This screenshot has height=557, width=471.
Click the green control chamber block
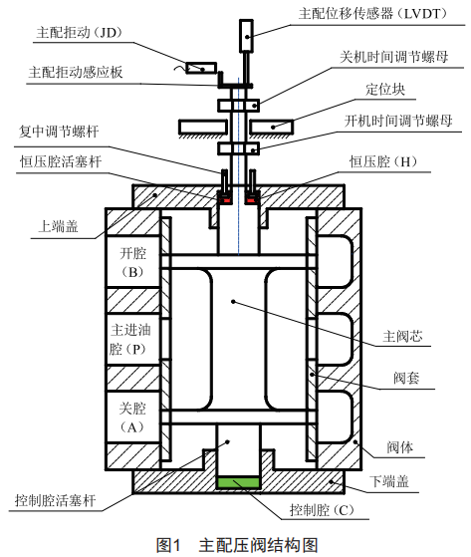coord(238,482)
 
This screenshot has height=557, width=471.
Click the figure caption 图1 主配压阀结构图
coord(236,544)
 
